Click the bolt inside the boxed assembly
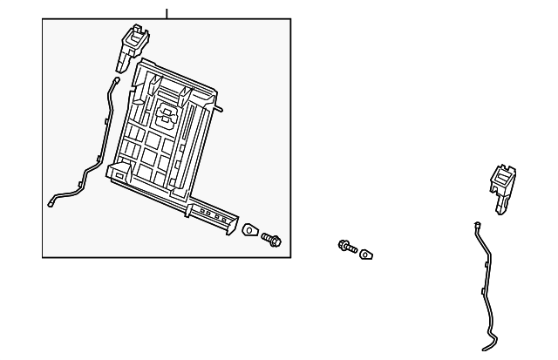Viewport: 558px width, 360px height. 270,237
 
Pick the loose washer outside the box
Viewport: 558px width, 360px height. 367,255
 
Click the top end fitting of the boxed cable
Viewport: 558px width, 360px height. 116,80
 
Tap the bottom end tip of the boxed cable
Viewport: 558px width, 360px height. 51,204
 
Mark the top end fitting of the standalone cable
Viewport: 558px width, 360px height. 478,225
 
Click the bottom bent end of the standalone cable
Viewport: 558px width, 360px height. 493,338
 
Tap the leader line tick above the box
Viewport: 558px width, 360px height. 167,12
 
